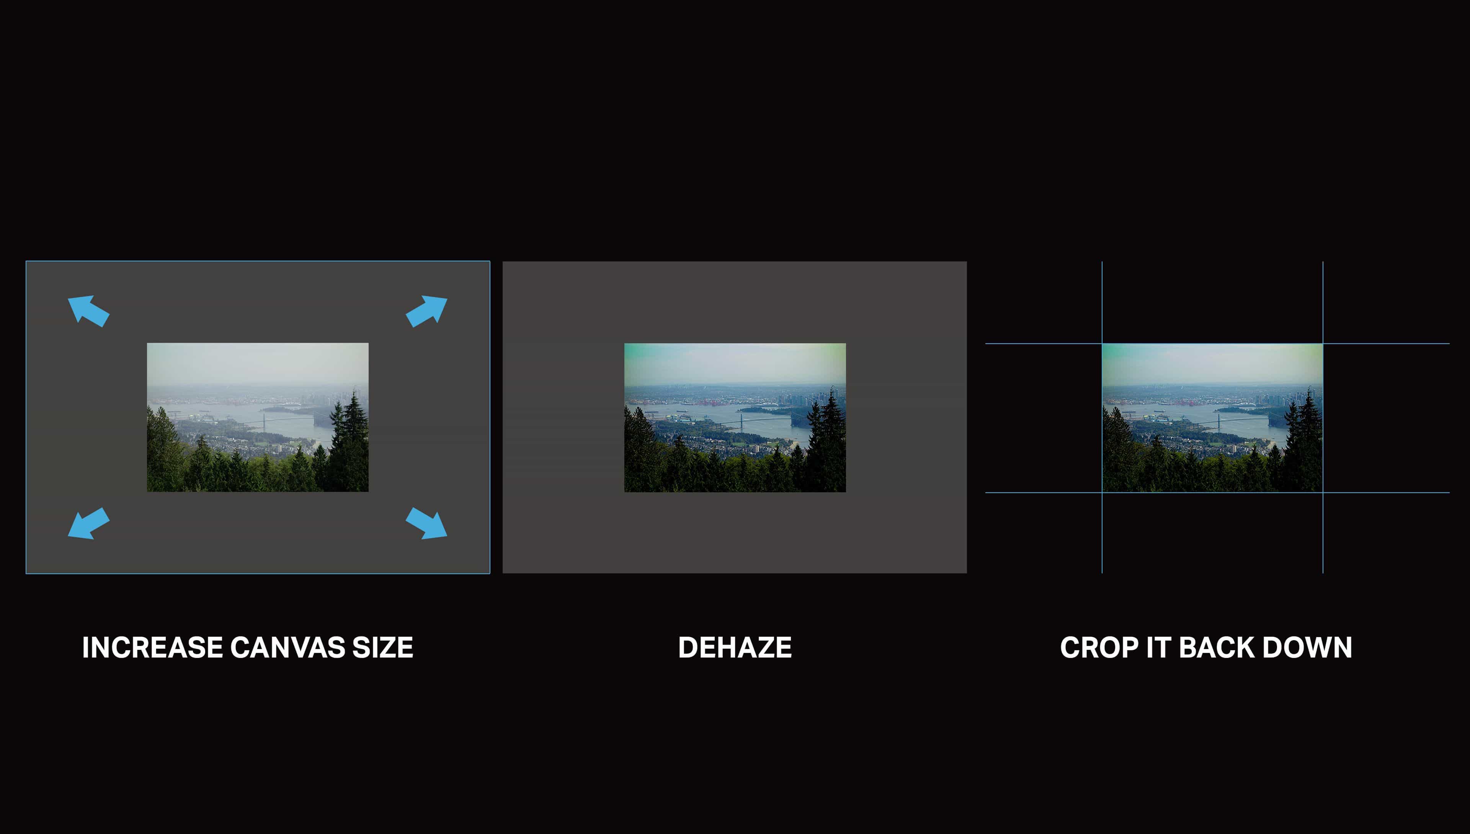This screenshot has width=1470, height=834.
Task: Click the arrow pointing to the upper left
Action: click(x=88, y=311)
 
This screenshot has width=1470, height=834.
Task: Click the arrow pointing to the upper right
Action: click(x=426, y=311)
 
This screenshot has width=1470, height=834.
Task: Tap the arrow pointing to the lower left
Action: click(x=88, y=523)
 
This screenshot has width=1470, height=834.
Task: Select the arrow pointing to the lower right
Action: click(x=426, y=523)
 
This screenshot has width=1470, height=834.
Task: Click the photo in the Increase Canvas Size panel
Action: click(x=258, y=417)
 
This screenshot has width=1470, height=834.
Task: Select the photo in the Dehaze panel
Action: click(x=735, y=417)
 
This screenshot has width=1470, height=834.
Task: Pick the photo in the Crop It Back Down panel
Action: click(x=1212, y=417)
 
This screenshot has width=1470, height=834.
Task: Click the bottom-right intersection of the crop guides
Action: click(x=1323, y=492)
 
